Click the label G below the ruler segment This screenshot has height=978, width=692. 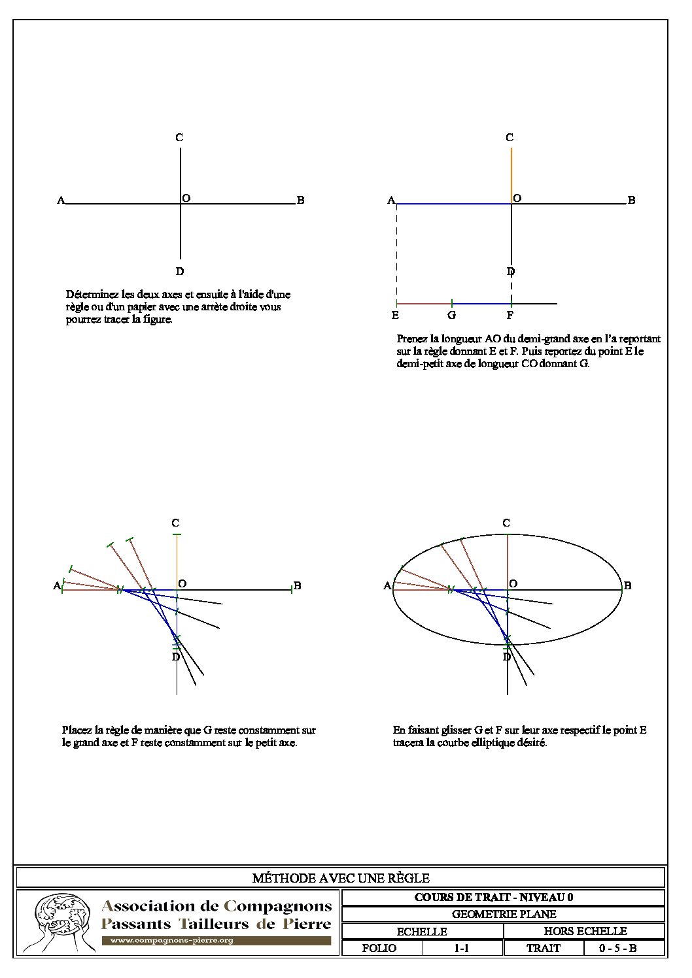(x=452, y=316)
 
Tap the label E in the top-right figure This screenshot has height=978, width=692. (x=395, y=316)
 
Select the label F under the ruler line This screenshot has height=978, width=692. (x=510, y=316)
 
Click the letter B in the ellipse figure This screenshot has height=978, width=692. (x=627, y=586)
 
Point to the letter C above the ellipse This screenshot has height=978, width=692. (x=506, y=523)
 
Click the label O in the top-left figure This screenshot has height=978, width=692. (x=186, y=199)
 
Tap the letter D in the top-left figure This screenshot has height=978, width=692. (x=180, y=272)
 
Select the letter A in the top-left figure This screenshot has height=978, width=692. (x=61, y=201)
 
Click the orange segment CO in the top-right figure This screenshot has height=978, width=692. (x=511, y=173)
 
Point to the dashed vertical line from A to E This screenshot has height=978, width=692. (x=396, y=255)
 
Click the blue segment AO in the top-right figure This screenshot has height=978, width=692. (x=454, y=204)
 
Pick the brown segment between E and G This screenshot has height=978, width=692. (x=424, y=304)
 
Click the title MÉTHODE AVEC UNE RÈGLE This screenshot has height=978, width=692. (x=341, y=878)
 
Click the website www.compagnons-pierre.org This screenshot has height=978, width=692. (x=171, y=941)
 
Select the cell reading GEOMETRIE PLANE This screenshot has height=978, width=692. (x=504, y=914)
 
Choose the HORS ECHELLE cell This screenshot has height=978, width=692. (x=585, y=931)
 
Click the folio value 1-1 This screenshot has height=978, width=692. (x=462, y=948)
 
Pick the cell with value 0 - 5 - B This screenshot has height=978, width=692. (x=617, y=948)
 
